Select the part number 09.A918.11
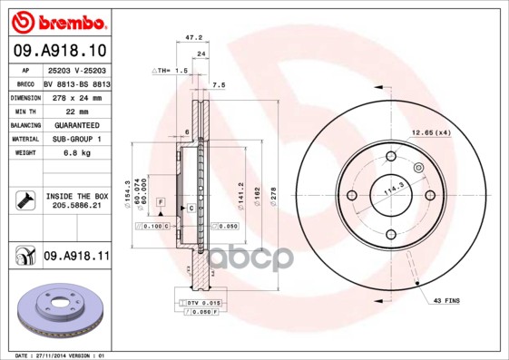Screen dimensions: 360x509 76,257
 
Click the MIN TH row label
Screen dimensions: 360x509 24,110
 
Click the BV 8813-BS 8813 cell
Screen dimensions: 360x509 77,83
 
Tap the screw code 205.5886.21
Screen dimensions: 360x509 76,206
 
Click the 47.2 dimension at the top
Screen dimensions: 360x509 192,39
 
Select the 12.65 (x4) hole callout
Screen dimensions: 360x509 431,133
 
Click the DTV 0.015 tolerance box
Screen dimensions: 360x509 204,301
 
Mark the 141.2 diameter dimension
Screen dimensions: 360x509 240,190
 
